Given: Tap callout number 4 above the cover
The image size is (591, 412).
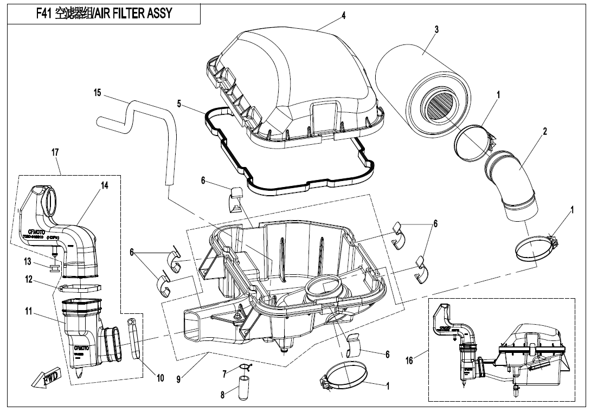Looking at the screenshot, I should coord(343,16).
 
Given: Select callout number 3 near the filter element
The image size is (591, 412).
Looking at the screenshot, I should coord(436,29).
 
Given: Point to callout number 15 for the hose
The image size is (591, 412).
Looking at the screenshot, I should coord(97,93).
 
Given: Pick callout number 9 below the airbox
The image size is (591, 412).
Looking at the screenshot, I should coord(178,379).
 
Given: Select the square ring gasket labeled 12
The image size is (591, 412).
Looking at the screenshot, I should coord(80,286).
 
